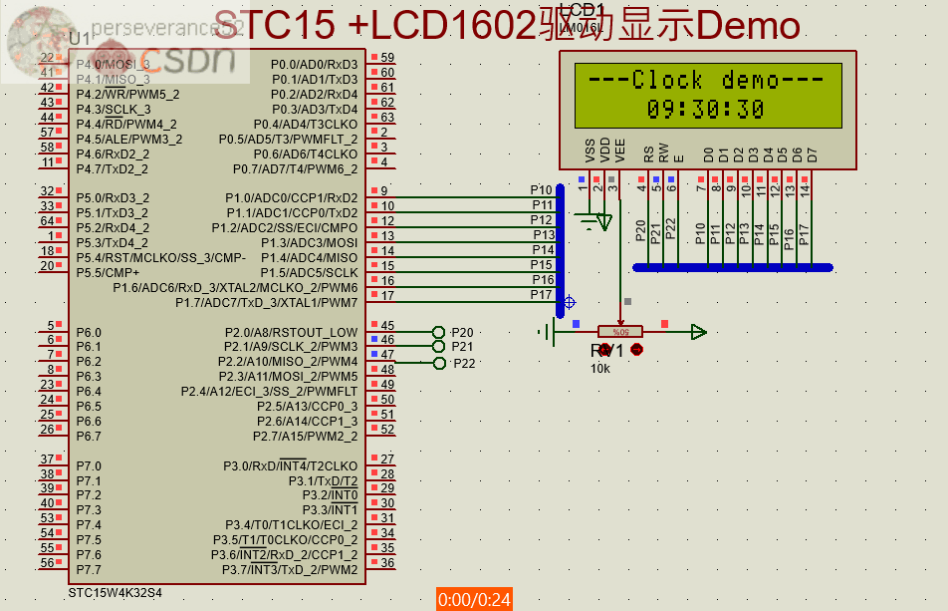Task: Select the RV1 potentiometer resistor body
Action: (620, 331)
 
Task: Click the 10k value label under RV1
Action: (600, 369)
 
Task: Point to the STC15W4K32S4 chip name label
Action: (115, 592)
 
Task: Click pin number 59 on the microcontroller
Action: (387, 58)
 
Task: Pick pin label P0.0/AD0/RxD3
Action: (314, 65)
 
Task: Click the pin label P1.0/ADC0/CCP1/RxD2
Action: (291, 197)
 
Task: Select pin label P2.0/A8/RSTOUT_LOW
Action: (290, 332)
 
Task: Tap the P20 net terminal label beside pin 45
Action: (463, 332)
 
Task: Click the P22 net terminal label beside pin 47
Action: (464, 363)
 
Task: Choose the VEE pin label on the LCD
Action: (620, 152)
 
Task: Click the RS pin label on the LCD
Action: (649, 154)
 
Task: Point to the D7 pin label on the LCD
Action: (813, 154)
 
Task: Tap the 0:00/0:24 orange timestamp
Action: (474, 599)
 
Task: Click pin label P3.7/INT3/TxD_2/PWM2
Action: (290, 569)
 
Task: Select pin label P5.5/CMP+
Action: (109, 272)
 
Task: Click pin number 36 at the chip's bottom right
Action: (387, 563)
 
